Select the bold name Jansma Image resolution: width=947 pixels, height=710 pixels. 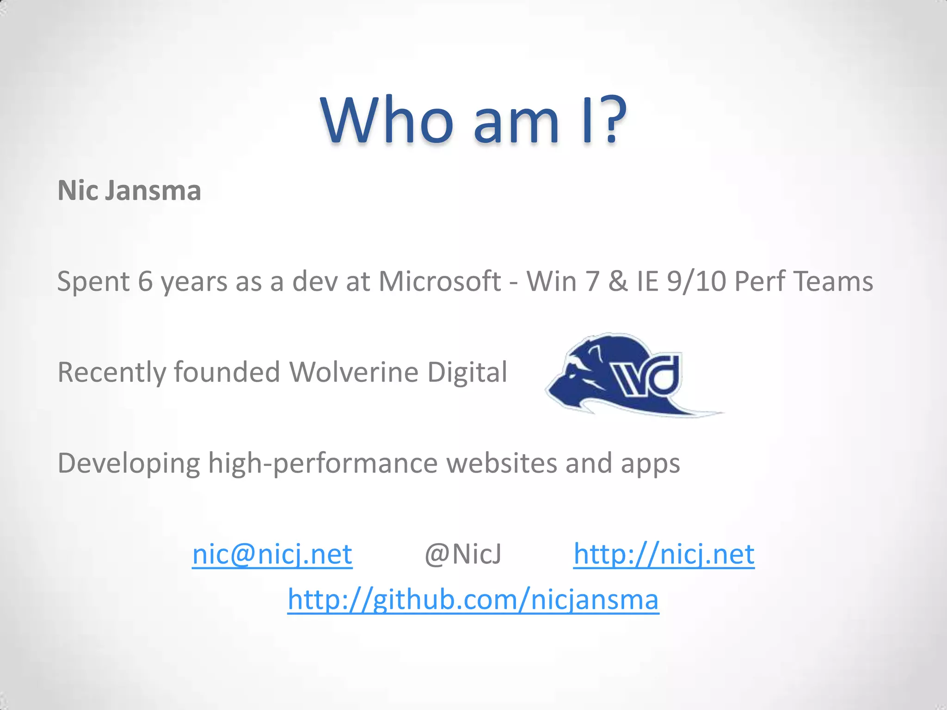pos(153,190)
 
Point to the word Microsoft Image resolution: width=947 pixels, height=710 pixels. pos(440,282)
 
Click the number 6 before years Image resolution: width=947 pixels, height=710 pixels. pos(145,282)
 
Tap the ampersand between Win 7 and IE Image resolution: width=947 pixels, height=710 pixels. pos(618,282)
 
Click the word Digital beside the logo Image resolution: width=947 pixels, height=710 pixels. pos(467,372)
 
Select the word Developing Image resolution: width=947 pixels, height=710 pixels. pos(129,463)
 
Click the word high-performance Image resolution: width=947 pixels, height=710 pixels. pos(323,463)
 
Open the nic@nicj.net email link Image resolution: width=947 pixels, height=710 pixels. pos(272,554)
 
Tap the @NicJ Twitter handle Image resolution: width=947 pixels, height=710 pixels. pos(463,554)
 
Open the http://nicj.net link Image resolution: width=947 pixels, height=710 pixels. pos(664,554)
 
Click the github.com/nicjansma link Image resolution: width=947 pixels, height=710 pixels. pos(473,600)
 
